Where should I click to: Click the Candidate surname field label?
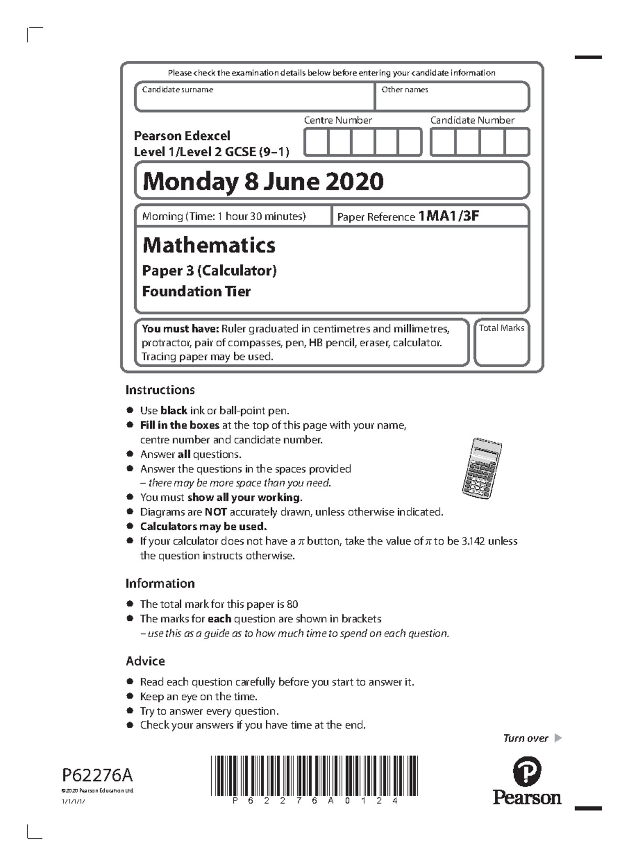click(177, 90)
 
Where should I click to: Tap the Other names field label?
click(404, 90)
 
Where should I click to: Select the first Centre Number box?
click(316, 142)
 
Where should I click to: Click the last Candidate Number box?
click(517, 142)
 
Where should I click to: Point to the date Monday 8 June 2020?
click(263, 181)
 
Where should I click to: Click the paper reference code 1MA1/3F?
click(449, 216)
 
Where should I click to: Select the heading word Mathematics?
click(209, 245)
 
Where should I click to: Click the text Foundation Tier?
click(196, 291)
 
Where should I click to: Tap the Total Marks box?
click(502, 343)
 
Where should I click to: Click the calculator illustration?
click(482, 468)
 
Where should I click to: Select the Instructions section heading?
click(160, 390)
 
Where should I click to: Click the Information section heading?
click(160, 583)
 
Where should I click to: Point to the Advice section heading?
click(145, 661)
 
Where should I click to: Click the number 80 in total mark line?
click(292, 604)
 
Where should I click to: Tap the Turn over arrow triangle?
click(558, 738)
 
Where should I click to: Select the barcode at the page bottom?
click(314, 775)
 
